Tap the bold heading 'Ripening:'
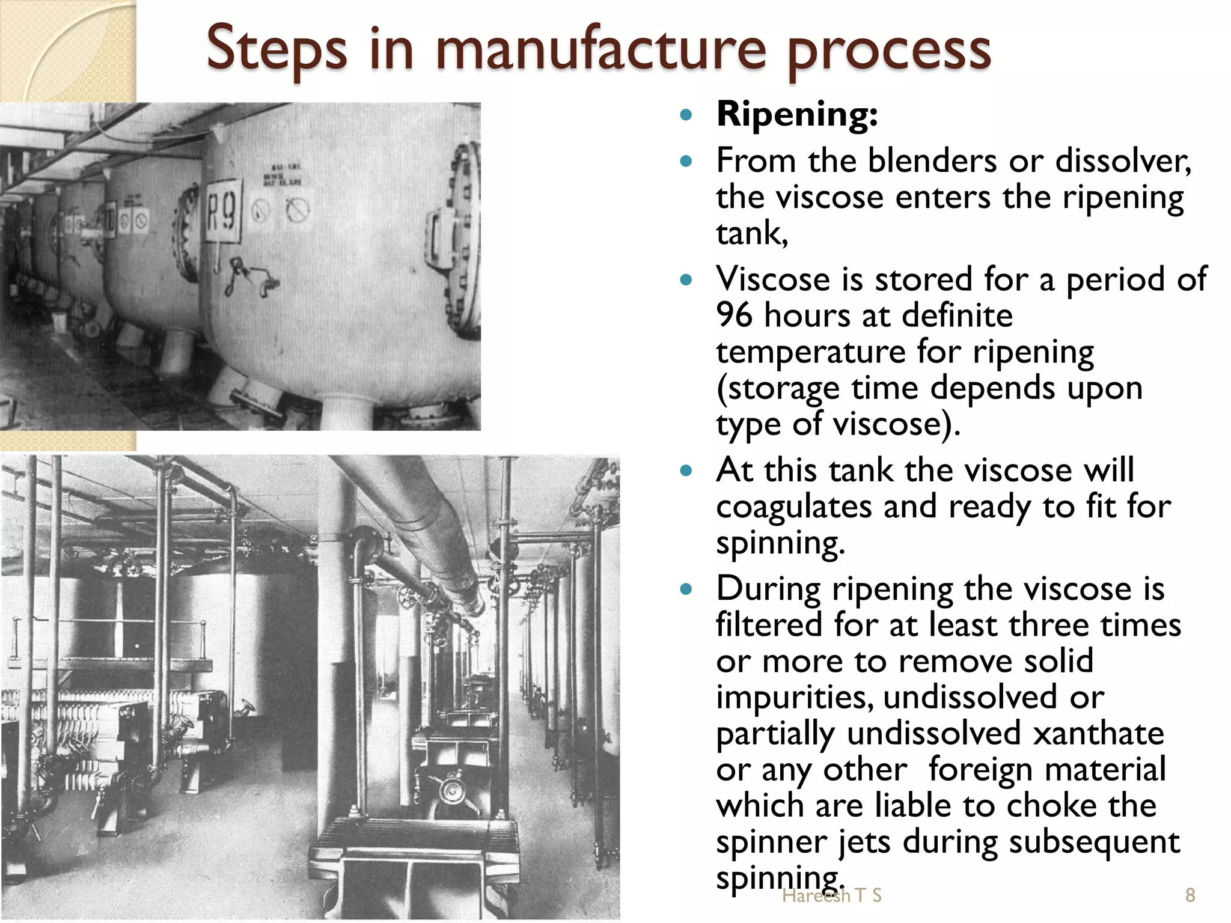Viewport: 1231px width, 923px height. (x=797, y=114)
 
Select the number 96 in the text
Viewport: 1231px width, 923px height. (x=734, y=316)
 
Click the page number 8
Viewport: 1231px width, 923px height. (x=1190, y=895)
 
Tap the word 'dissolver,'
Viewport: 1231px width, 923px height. (x=1123, y=161)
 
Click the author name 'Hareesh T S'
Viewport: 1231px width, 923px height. (x=832, y=896)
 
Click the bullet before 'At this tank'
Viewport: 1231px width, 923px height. (x=686, y=471)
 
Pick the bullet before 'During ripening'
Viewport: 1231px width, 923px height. (x=686, y=589)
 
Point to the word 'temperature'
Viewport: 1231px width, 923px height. (x=810, y=353)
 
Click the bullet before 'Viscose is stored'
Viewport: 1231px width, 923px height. (x=686, y=279)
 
